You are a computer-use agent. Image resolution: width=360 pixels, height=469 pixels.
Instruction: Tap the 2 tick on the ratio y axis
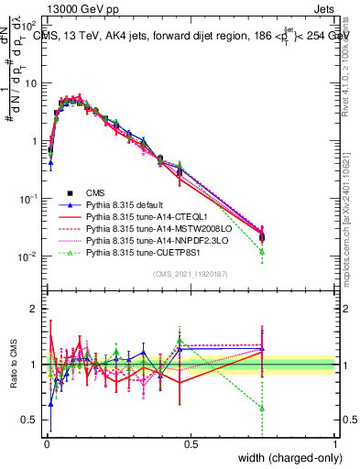tap(33, 308)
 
